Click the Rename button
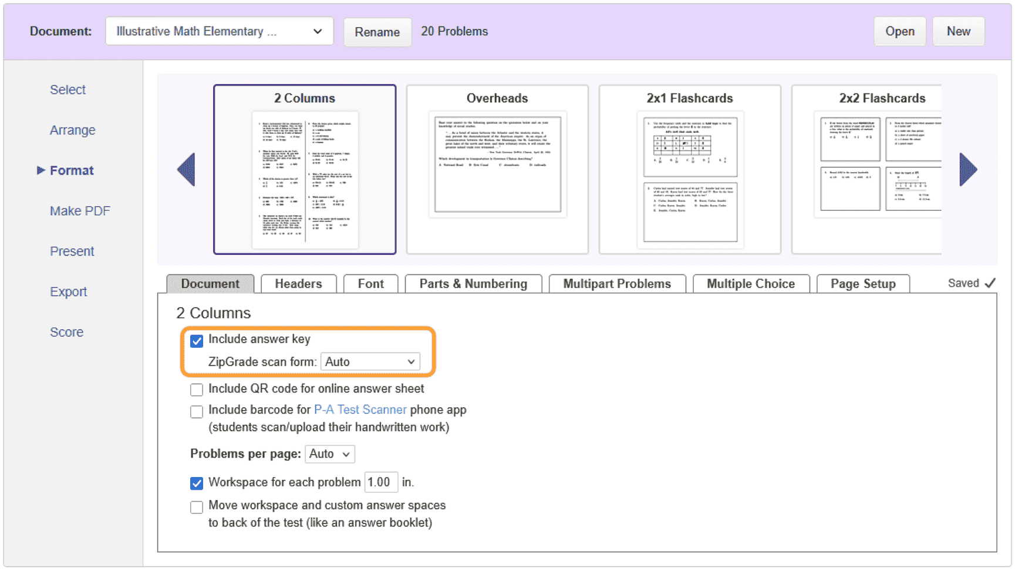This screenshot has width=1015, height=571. tap(377, 32)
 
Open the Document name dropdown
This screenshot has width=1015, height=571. tap(219, 31)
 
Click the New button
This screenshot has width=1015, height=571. tap(958, 31)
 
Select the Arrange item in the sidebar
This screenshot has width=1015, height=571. tap(72, 130)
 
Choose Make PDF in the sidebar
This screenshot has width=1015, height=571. tap(80, 211)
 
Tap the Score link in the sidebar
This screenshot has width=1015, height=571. tap(66, 332)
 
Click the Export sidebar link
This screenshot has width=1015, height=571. tap(68, 291)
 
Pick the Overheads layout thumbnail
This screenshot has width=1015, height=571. tap(497, 169)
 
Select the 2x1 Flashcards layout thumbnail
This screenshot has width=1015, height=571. tap(690, 169)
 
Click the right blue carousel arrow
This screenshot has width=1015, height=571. tap(968, 169)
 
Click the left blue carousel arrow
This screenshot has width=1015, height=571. tap(187, 169)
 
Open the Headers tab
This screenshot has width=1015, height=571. tap(298, 284)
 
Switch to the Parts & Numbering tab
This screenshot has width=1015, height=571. tap(473, 284)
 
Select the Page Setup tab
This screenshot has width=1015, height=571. tap(862, 284)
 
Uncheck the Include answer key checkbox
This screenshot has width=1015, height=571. tap(197, 341)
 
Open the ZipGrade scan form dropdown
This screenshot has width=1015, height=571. tap(370, 362)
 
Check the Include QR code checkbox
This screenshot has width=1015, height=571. tap(197, 389)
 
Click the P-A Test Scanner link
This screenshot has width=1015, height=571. tap(360, 409)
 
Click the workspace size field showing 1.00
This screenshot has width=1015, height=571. tap(380, 482)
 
